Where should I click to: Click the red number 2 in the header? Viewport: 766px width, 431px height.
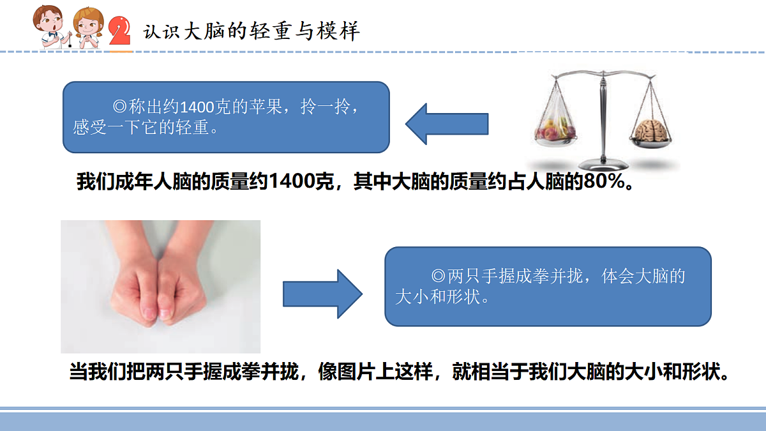pos(120,31)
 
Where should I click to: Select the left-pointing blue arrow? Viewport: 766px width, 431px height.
pos(447,124)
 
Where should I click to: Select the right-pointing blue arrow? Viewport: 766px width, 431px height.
pos(322,294)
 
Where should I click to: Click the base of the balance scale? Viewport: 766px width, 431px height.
pos(603,165)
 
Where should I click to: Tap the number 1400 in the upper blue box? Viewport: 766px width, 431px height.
pos(197,107)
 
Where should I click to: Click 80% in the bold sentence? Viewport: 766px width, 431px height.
pos(604,181)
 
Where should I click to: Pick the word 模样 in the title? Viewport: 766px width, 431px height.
pos(338,31)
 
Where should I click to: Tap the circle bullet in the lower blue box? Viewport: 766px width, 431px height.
pos(438,276)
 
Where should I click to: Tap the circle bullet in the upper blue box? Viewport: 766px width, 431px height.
pos(120,107)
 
